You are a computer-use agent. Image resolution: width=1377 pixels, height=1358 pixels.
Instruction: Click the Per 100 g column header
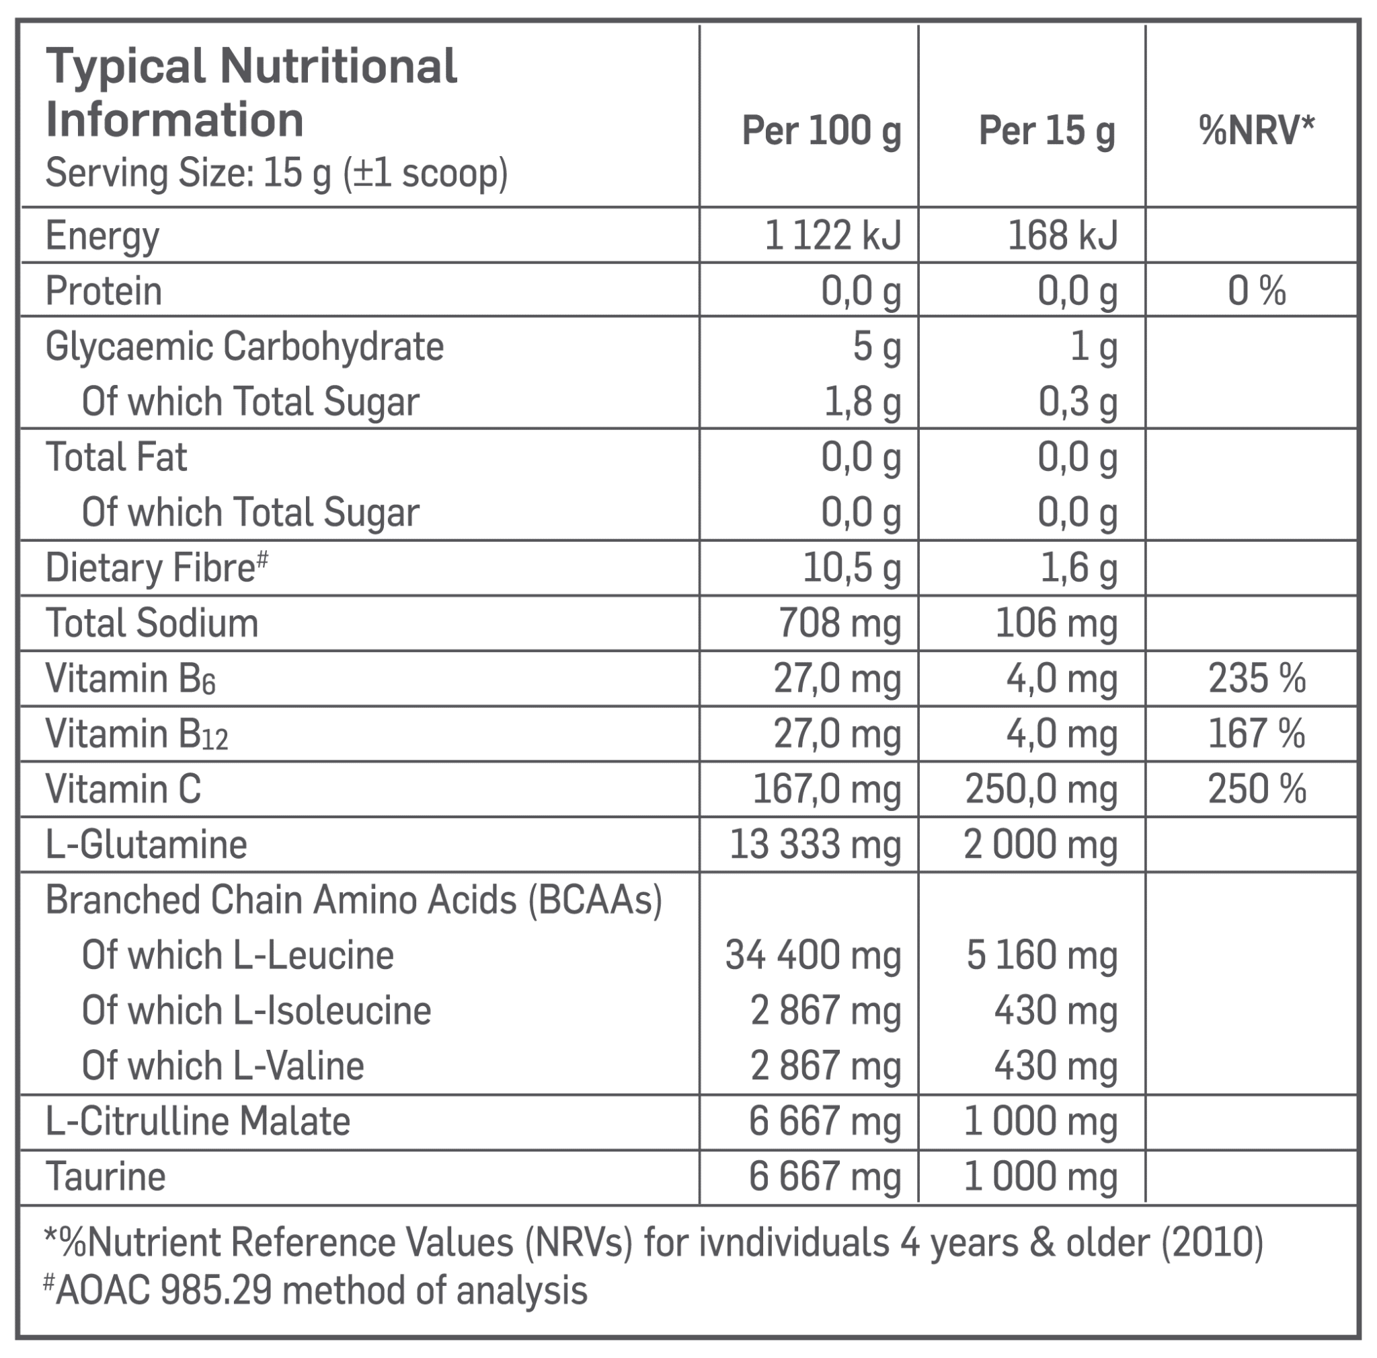pos(821,131)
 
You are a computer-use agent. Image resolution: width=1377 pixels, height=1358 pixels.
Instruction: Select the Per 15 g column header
pos(1046,131)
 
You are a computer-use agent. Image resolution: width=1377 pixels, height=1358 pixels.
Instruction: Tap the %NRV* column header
pos(1257,130)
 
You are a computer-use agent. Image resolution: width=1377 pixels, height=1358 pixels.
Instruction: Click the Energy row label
pos(102,236)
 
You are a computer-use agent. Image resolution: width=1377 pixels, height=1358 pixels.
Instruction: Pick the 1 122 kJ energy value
pos(832,236)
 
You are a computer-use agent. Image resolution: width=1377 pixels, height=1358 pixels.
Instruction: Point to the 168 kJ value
pos(1062,236)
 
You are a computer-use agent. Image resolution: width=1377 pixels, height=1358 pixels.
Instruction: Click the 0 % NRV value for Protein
pos(1257,291)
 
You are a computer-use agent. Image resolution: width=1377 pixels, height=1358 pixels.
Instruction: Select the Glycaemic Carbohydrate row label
pos(245,347)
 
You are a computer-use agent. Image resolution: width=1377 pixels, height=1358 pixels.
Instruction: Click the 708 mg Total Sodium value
pos(839,623)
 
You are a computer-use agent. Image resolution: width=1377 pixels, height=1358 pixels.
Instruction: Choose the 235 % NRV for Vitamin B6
pos(1257,678)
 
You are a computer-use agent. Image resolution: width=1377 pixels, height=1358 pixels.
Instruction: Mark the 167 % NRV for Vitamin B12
pos(1257,734)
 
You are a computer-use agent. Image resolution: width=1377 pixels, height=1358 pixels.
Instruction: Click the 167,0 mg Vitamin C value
pos(827,789)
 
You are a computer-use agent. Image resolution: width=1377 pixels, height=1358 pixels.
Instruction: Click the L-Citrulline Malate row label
pos(198,1121)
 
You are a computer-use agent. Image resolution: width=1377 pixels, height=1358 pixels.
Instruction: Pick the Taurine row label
pos(106,1177)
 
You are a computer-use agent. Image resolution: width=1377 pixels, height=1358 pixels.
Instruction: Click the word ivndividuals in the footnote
pos(793,1242)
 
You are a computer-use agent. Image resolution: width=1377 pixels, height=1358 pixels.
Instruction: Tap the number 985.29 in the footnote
pos(217,1290)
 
